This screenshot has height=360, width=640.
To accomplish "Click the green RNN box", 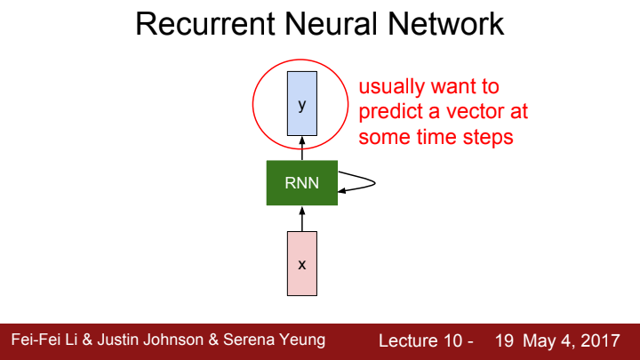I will pos(301,183).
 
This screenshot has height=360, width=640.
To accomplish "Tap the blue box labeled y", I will pos(301,105).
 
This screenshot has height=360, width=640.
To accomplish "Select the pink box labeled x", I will pos(301,263).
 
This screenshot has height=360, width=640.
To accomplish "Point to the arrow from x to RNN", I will pos(301,218).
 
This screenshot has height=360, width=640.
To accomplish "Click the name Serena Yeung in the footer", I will pos(282,340).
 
